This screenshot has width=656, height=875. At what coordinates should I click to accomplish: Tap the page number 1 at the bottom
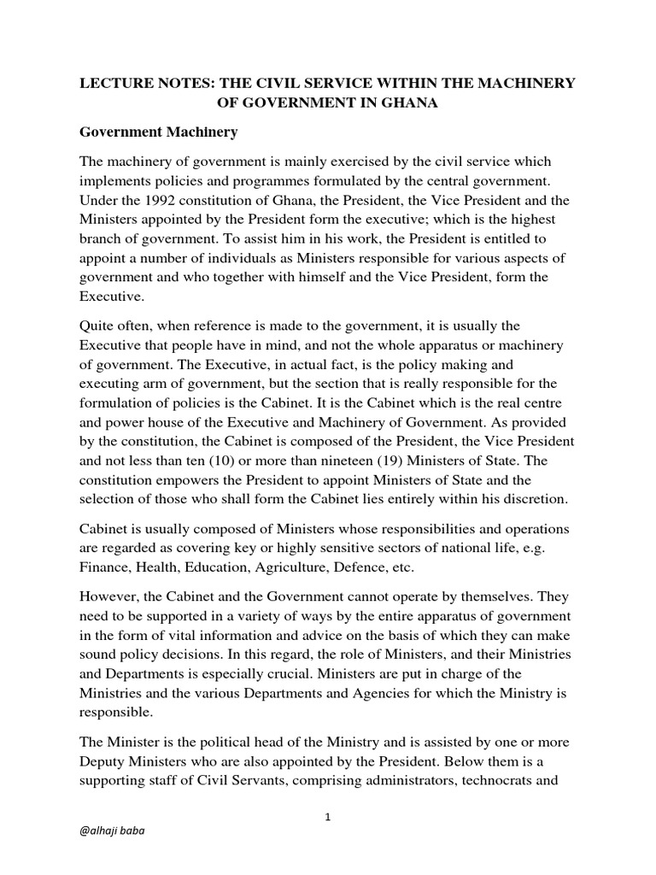[328, 817]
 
